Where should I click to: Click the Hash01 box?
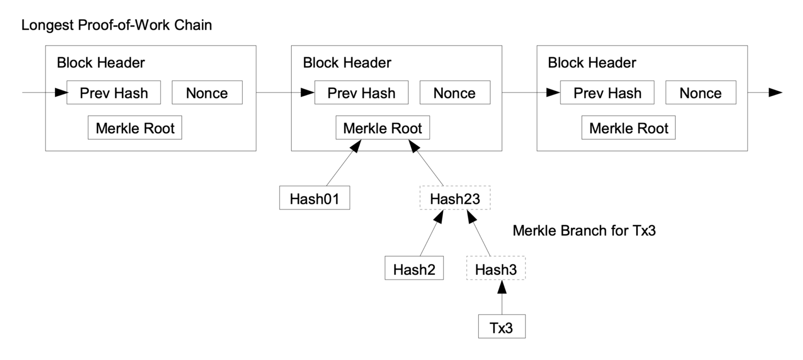tap(314, 199)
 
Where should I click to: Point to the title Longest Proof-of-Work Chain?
tap(116, 25)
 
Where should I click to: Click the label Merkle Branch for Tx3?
tap(584, 231)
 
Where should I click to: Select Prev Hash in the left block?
tap(113, 93)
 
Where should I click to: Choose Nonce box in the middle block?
tap(455, 93)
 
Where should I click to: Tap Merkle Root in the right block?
tap(628, 128)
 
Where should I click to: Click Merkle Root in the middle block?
tap(382, 128)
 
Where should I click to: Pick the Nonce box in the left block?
tap(207, 93)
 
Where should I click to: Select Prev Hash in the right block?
tap(607, 93)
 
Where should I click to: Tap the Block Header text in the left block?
tap(100, 63)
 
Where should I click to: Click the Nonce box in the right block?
tap(701, 93)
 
